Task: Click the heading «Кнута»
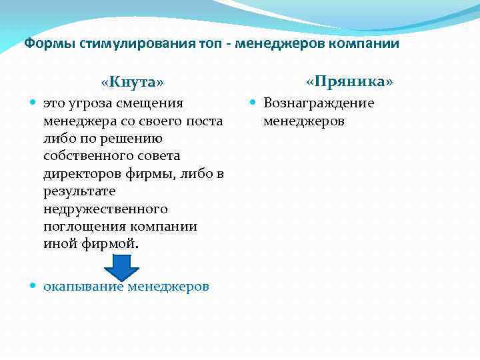[132, 82]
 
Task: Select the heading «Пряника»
[349, 81]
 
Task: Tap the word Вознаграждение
[318, 103]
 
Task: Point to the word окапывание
[83, 287]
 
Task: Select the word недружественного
[105, 209]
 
